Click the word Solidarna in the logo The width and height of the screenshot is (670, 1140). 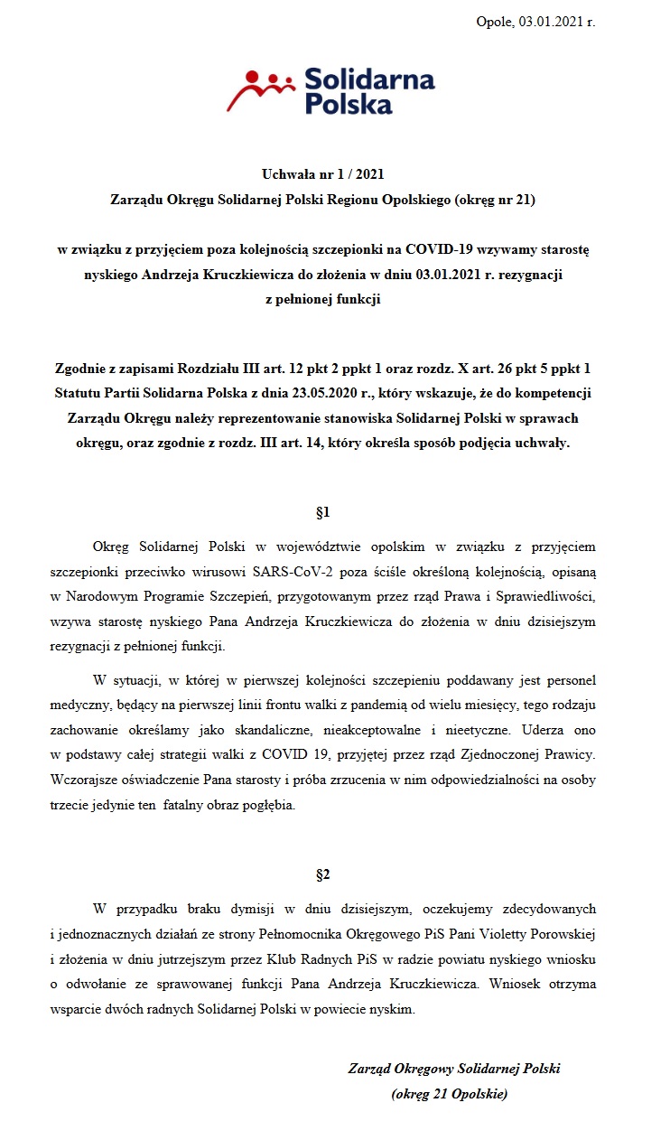pos(370,79)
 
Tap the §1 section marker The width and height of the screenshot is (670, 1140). pos(322,512)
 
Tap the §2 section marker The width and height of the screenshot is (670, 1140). pos(322,874)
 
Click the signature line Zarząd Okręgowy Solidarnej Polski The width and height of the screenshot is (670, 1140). pos(454,1069)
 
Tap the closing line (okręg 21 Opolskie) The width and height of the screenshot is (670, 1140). pos(450,1094)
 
